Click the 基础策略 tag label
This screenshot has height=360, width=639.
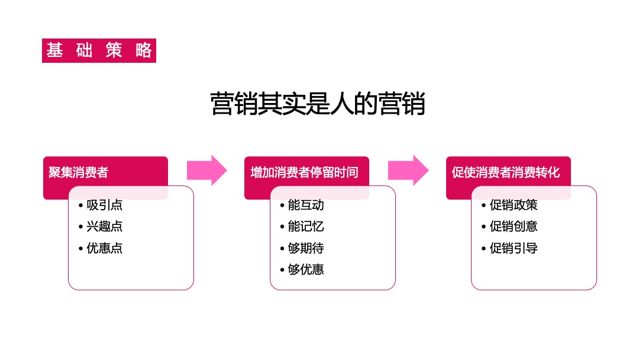click(x=99, y=51)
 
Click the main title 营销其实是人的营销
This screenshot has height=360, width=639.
click(x=318, y=104)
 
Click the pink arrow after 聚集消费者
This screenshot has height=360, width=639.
click(x=206, y=171)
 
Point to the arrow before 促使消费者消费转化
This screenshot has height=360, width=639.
click(x=408, y=171)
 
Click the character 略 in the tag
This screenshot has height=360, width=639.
click(x=143, y=51)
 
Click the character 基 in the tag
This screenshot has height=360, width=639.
click(x=54, y=51)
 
